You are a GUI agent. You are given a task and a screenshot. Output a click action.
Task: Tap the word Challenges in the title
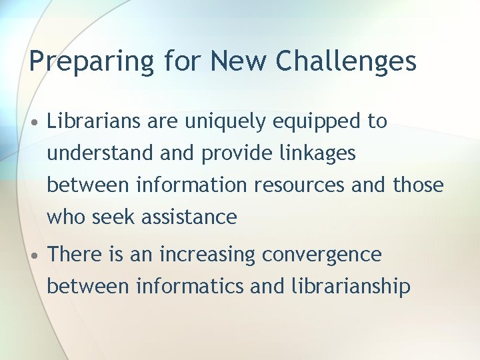[346, 61]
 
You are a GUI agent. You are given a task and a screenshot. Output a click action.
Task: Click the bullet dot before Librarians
[33, 122]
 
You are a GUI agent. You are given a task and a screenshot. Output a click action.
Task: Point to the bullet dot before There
[33, 255]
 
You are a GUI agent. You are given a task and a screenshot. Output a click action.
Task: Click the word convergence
[322, 255]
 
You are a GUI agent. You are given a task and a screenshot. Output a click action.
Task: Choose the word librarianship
[351, 287]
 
